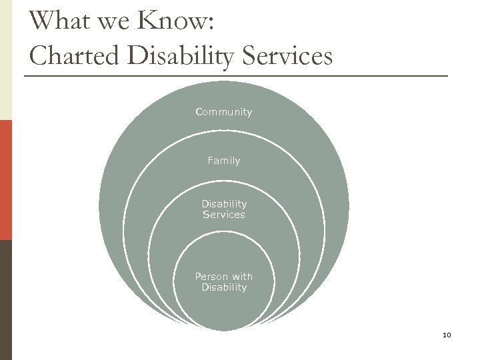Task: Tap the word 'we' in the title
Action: click(x=115, y=22)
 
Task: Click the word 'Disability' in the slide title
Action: click(x=182, y=57)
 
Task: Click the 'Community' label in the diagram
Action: click(x=224, y=112)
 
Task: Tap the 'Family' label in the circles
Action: click(x=224, y=161)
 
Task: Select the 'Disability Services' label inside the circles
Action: click(x=224, y=209)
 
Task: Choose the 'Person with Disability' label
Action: click(x=224, y=282)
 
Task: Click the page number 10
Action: click(x=446, y=334)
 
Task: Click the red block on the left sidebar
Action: click(x=5, y=180)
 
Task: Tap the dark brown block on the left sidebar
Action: click(x=5, y=300)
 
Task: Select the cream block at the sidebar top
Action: click(x=5, y=60)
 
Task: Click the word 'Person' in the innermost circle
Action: click(x=210, y=276)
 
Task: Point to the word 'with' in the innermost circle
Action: click(x=241, y=276)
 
